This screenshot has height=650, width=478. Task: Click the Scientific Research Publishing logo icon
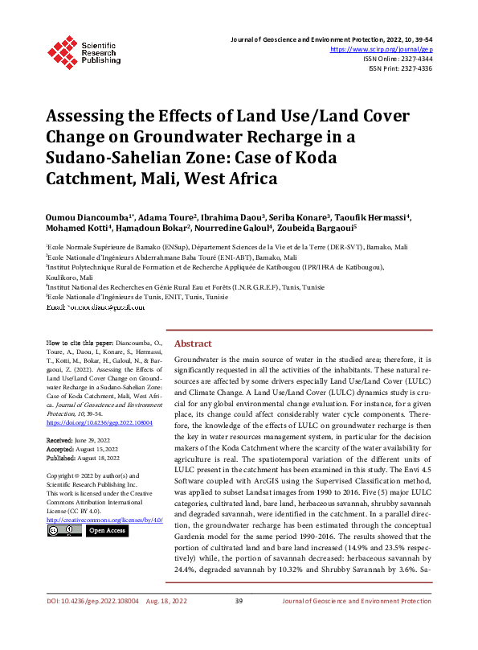click(61, 51)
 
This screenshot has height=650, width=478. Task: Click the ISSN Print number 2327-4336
click(413, 69)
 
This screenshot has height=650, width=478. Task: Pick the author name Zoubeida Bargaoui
click(319, 232)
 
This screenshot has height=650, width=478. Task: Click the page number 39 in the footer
click(239, 623)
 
